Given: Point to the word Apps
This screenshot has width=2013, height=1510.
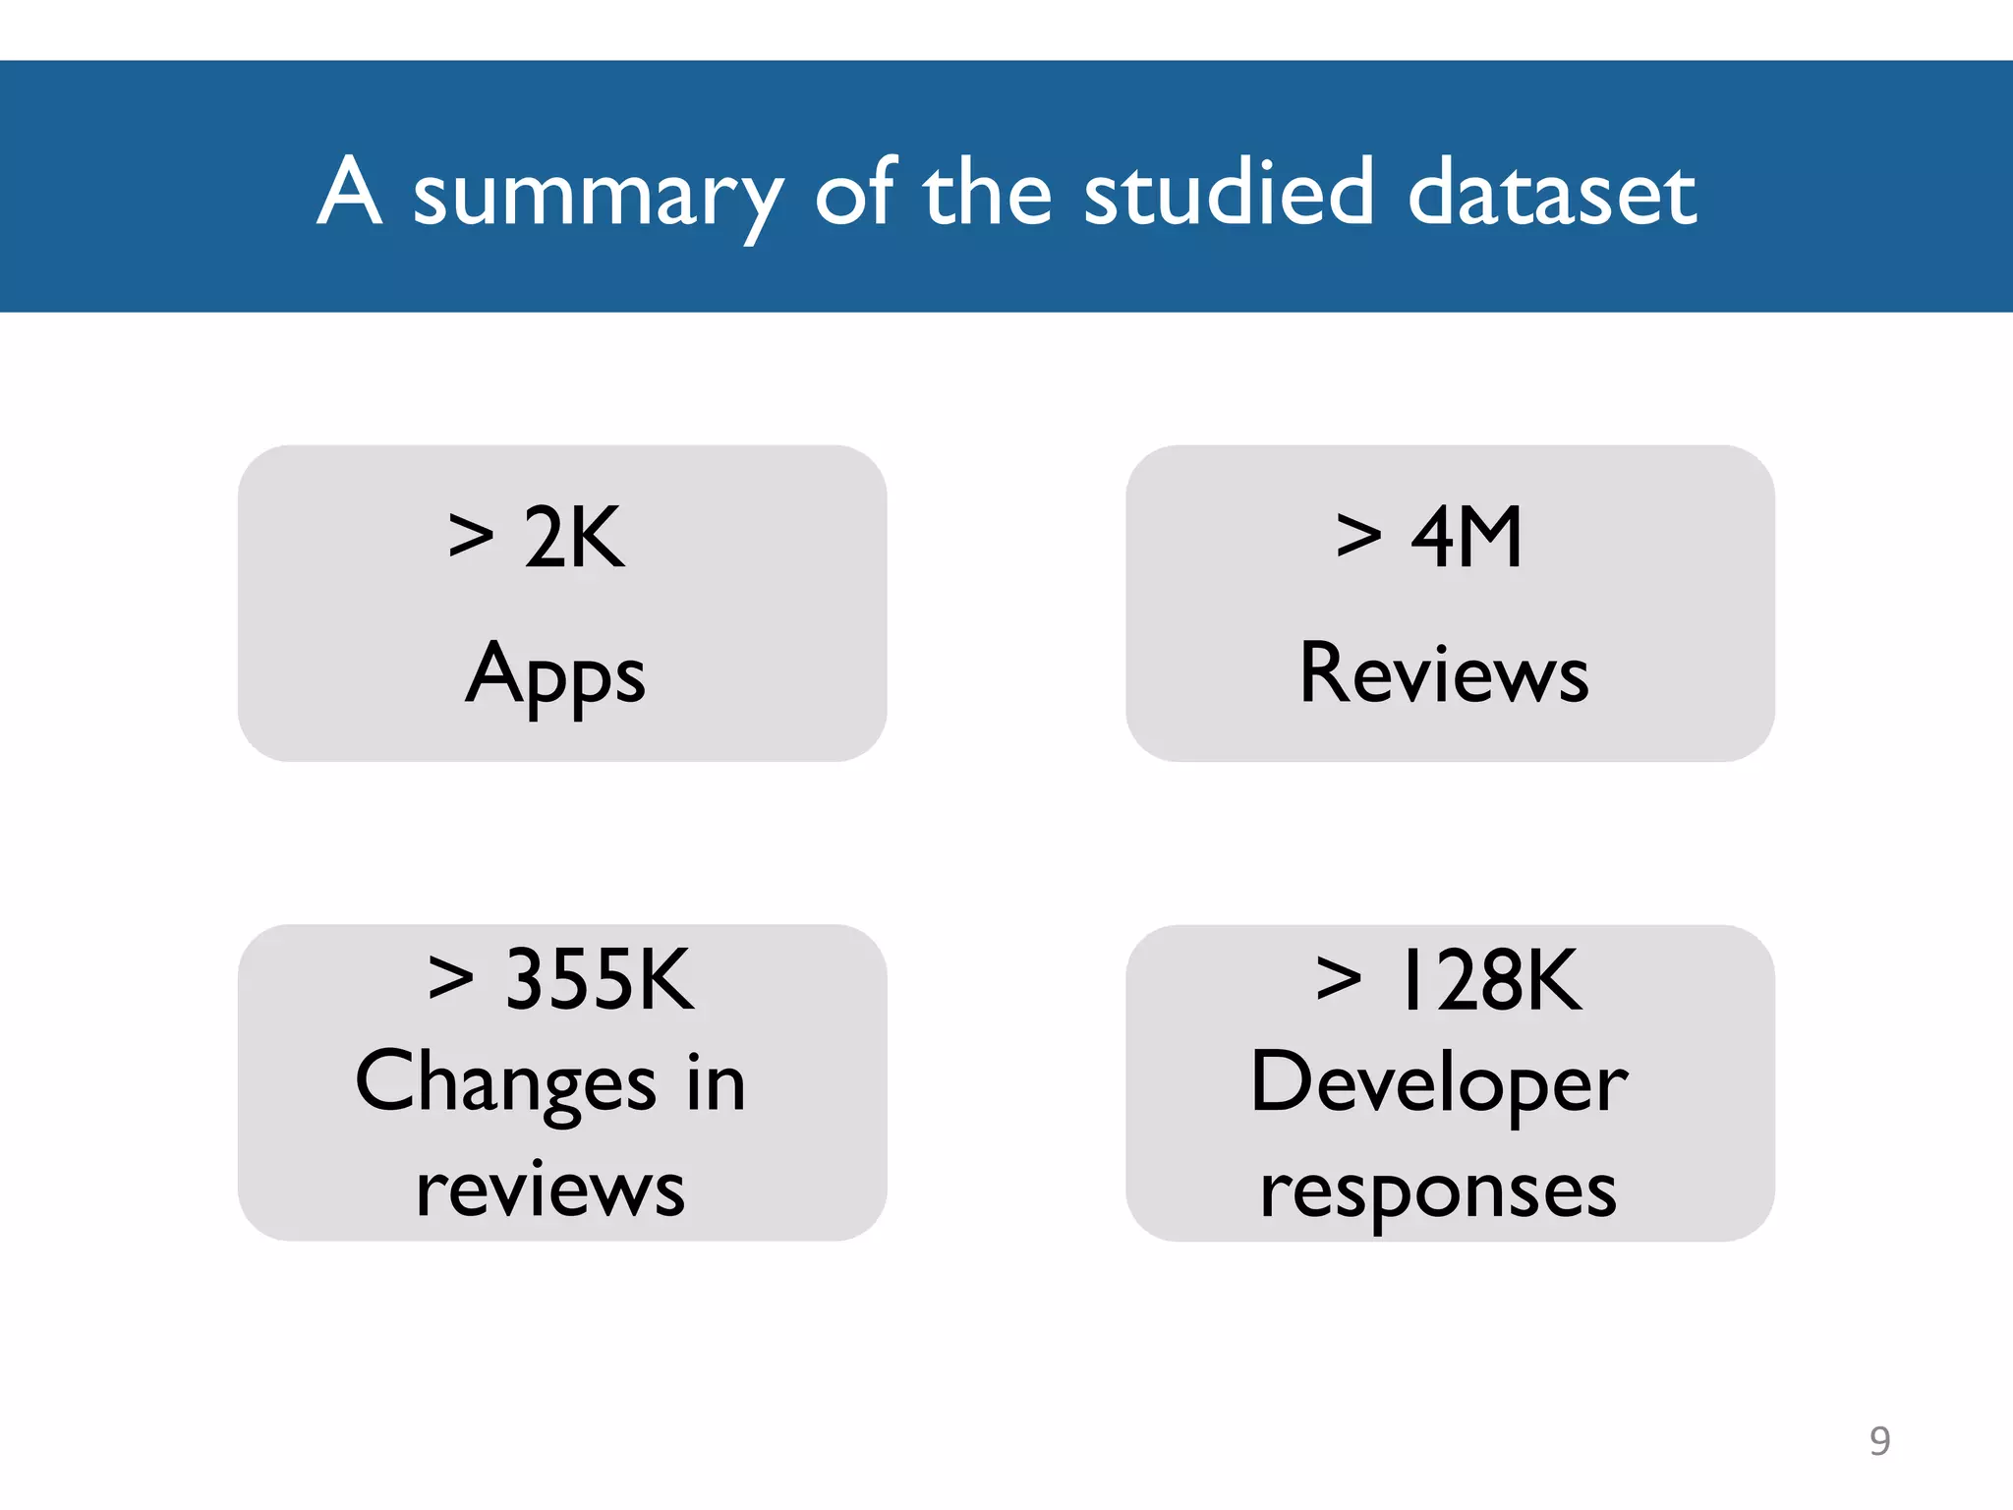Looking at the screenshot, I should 555,675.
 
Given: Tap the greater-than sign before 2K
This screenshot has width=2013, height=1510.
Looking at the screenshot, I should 471,537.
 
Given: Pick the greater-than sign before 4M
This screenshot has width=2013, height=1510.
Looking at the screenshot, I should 1359,537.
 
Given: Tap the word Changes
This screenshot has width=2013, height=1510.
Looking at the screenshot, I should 505,1083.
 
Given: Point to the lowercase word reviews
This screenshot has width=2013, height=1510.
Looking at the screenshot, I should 550,1190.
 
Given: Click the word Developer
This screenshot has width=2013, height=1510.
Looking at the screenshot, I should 1439,1083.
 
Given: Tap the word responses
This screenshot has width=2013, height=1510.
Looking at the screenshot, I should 1438,1192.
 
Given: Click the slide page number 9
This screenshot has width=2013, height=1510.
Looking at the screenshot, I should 1879,1441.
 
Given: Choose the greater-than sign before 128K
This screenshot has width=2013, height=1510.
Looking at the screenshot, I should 1339,980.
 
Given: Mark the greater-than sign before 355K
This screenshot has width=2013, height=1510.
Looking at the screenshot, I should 451,980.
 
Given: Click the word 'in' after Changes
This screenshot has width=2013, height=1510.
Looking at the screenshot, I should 716,1082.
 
